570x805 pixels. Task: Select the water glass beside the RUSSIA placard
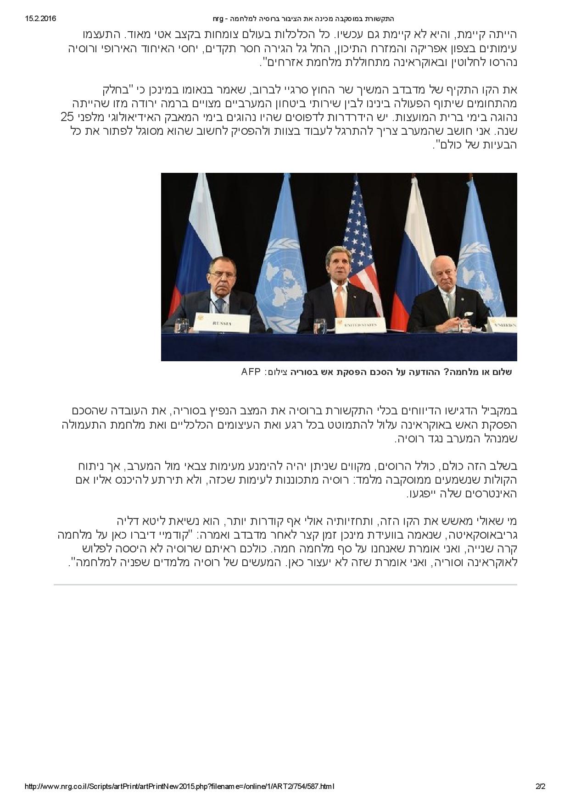point(181,325)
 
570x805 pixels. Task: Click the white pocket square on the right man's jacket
point(468,314)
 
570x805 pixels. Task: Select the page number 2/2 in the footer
point(540,787)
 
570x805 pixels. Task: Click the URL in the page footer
point(179,787)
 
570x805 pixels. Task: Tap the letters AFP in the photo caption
point(251,371)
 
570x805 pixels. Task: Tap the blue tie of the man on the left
point(220,304)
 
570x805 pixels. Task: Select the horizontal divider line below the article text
point(285,584)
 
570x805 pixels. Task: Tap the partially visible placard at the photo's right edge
point(502,325)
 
